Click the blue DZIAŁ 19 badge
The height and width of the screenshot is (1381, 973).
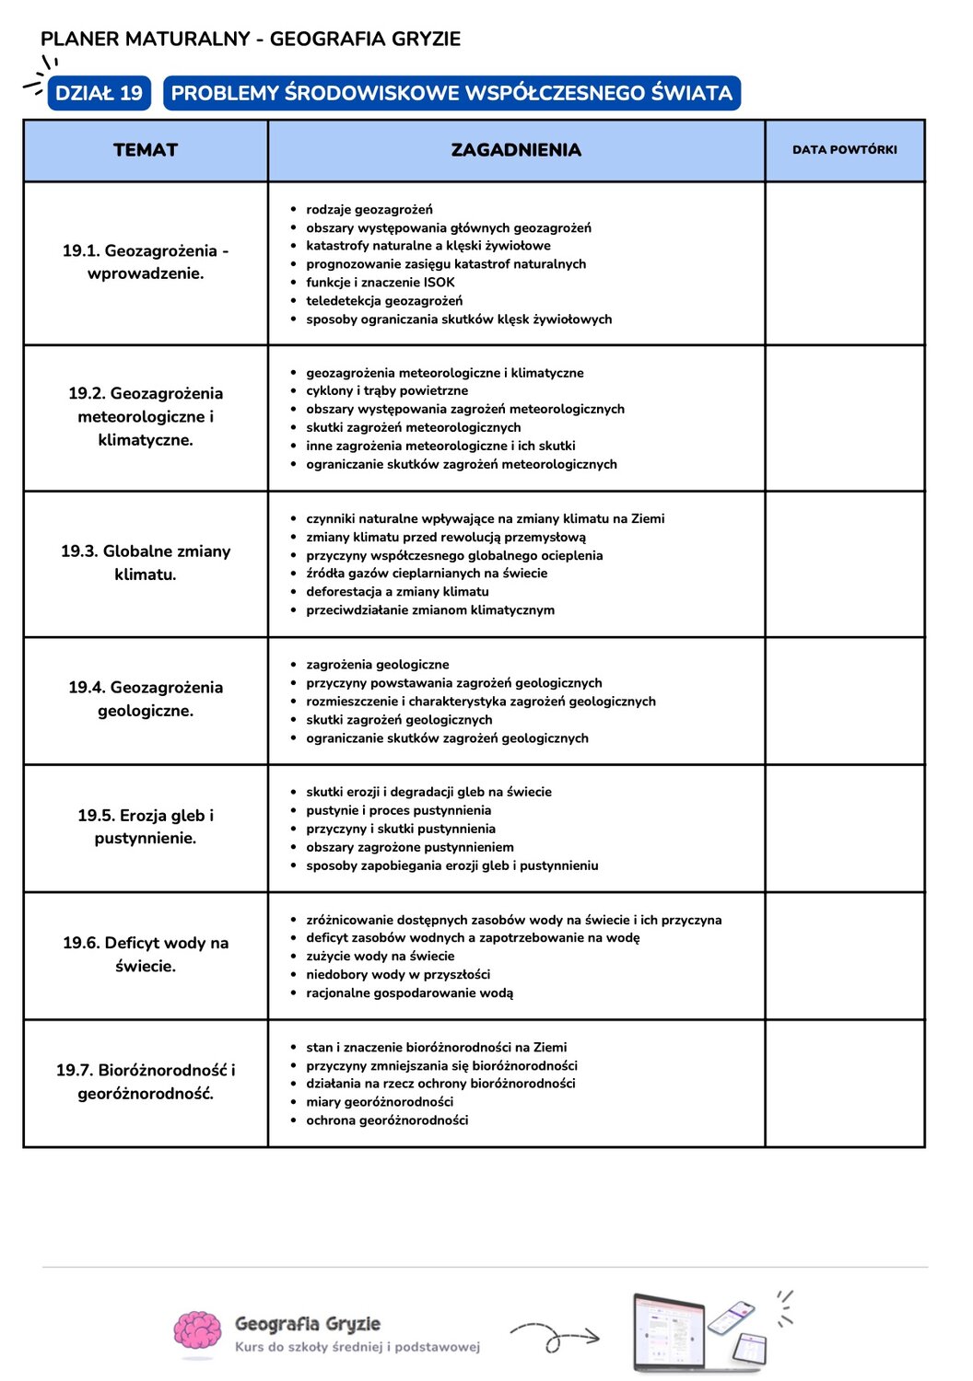[99, 93]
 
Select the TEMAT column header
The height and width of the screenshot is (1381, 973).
[146, 150]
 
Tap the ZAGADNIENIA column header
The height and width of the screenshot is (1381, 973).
[516, 150]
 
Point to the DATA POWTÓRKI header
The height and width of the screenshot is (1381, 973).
[844, 150]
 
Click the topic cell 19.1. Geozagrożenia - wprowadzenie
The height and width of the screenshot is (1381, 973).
[146, 261]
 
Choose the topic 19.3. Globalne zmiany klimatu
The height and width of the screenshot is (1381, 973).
[146, 563]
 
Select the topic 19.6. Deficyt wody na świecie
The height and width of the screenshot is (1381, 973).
[146, 954]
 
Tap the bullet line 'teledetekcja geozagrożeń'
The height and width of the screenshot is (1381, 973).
[384, 301]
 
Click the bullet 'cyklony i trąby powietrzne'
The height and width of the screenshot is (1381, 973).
[387, 390]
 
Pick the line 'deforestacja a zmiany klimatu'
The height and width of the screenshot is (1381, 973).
[397, 592]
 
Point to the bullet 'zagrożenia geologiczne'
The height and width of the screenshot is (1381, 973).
[378, 665]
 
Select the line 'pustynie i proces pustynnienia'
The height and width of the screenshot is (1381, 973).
[398, 810]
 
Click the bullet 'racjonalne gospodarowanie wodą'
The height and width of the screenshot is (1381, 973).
[409, 992]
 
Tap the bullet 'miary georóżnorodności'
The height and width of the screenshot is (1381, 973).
[380, 1102]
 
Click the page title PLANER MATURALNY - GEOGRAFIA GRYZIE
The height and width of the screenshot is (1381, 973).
[251, 39]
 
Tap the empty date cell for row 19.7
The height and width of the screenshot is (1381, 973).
[844, 1083]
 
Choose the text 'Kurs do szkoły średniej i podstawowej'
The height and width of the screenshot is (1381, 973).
[358, 1347]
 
